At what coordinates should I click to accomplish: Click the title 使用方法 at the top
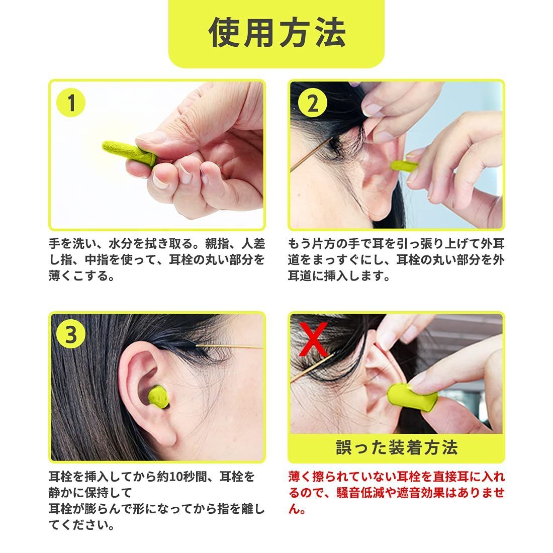coord(276,33)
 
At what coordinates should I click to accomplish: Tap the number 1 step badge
coord(71,104)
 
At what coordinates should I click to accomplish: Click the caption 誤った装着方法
coord(397,447)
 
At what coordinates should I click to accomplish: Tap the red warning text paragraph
coord(397,493)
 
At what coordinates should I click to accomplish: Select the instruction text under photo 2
coord(397,259)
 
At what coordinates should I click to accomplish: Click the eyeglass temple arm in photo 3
coord(229,346)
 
